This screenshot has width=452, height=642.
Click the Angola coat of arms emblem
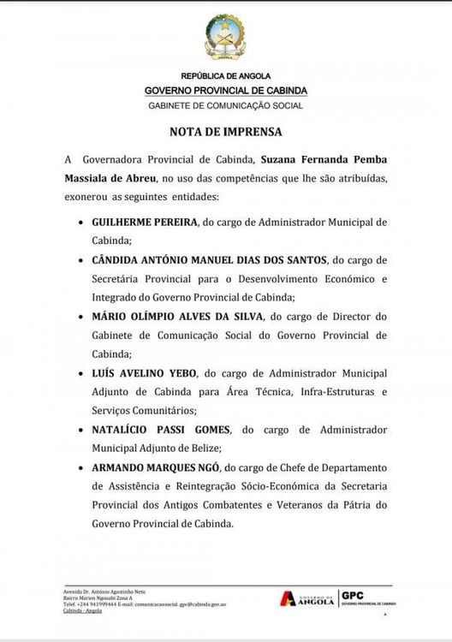[225, 38]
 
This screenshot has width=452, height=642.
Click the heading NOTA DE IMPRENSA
[225, 133]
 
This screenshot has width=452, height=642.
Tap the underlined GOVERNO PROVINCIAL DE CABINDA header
[225, 91]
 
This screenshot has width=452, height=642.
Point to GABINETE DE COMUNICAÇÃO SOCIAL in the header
[225, 106]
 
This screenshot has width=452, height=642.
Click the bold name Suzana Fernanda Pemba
[323, 159]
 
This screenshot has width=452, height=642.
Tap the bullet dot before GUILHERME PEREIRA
[79, 223]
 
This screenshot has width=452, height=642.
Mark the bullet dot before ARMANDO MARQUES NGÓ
[79, 468]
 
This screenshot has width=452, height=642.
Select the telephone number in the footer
[93, 603]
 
